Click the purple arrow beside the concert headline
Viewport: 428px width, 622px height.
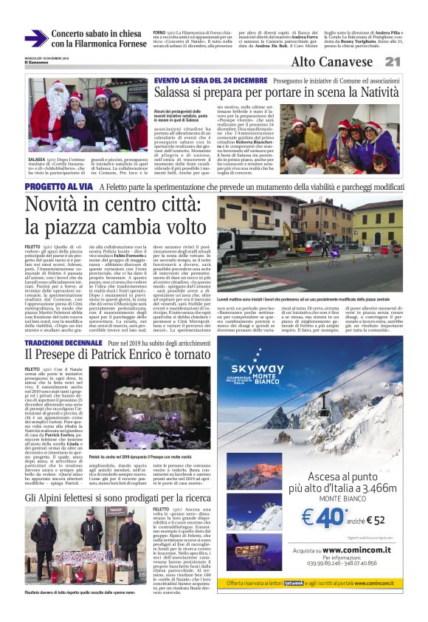pyautogui.click(x=35, y=38)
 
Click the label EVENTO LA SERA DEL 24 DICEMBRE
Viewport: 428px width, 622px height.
pyautogui.click(x=199, y=80)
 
